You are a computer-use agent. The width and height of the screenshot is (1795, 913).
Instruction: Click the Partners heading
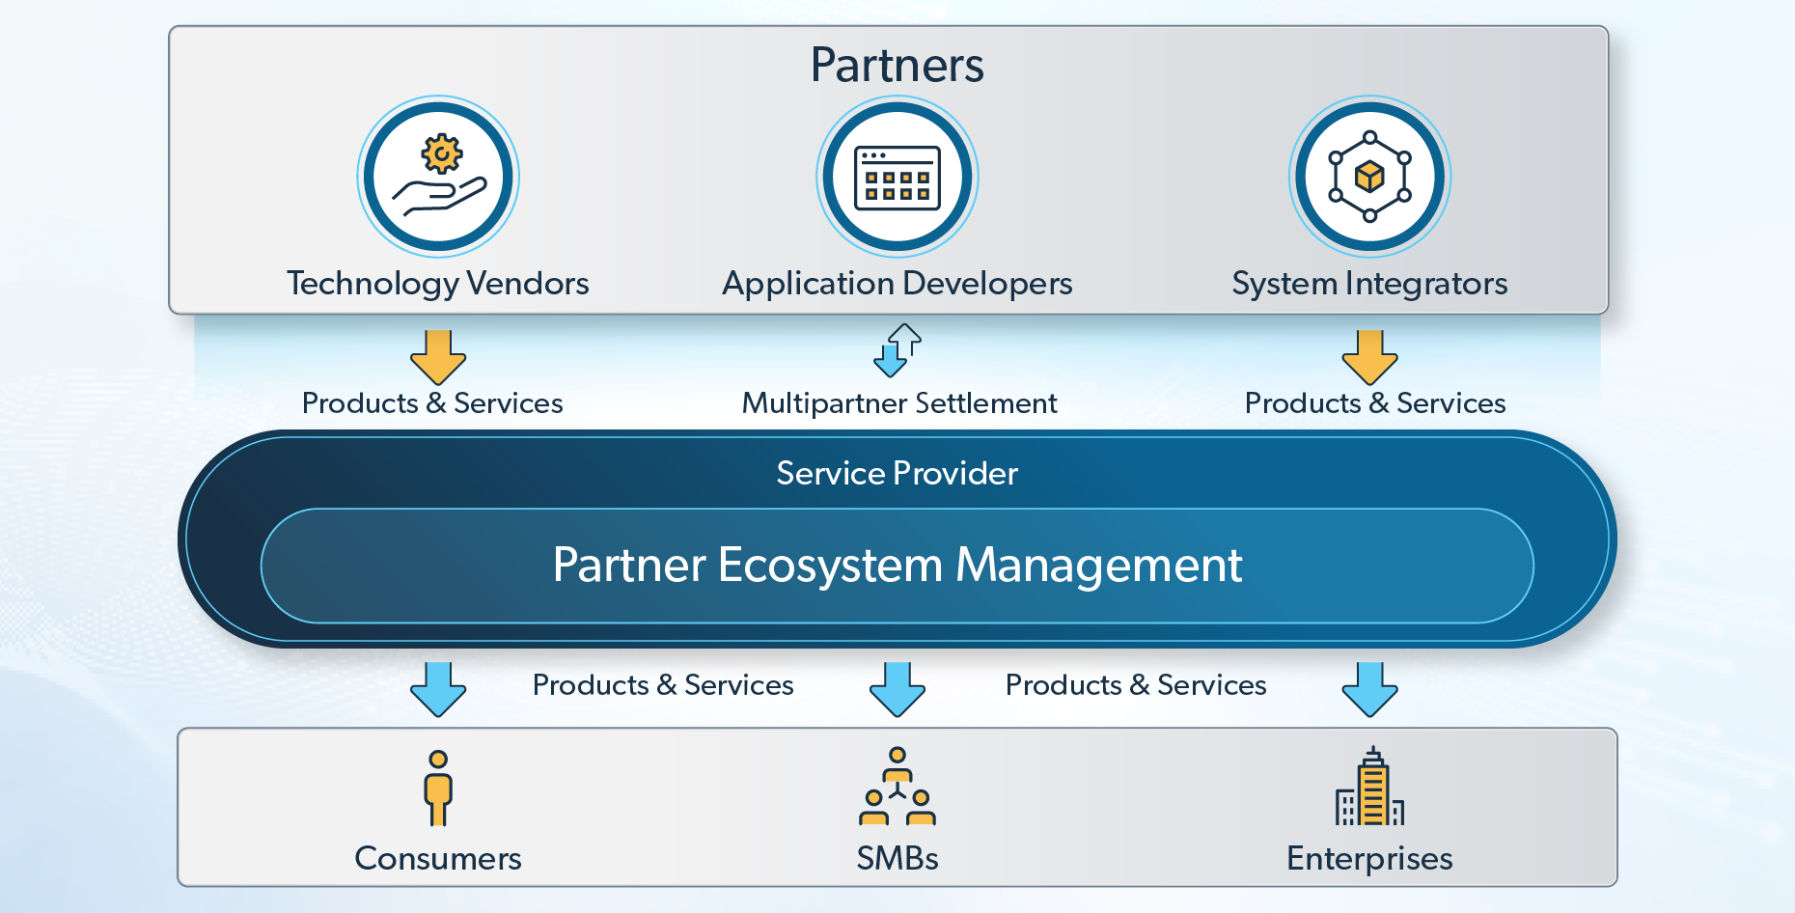pyautogui.click(x=897, y=66)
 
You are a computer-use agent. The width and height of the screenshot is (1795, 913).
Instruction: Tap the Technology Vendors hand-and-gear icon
pyautogui.click(x=438, y=177)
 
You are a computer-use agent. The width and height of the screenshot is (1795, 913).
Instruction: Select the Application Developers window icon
pyautogui.click(x=897, y=177)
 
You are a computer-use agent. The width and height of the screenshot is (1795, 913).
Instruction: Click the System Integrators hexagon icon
pyautogui.click(x=1369, y=177)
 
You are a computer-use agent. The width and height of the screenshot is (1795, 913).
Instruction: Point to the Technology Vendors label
pyautogui.click(x=437, y=284)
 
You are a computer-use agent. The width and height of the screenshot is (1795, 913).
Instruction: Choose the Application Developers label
pyautogui.click(x=897, y=284)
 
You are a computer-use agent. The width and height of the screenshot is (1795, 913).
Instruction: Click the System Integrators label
pyautogui.click(x=1369, y=284)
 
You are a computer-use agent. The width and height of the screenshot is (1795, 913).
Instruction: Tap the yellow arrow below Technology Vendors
pyautogui.click(x=438, y=357)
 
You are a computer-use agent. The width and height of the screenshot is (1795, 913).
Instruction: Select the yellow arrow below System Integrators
pyautogui.click(x=1369, y=357)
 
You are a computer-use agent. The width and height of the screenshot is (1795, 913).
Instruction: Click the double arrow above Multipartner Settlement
pyautogui.click(x=897, y=349)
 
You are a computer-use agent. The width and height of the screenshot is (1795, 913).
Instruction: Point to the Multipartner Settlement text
pyautogui.click(x=899, y=402)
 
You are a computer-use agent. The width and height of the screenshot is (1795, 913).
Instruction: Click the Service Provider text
pyautogui.click(x=897, y=473)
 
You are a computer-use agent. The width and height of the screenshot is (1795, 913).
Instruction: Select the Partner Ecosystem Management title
pyautogui.click(x=897, y=566)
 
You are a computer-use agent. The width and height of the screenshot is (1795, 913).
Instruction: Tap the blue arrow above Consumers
pyautogui.click(x=438, y=688)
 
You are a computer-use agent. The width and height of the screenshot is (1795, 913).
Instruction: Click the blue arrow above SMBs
pyautogui.click(x=897, y=688)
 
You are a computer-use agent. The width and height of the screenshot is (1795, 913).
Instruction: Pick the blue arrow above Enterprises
pyautogui.click(x=1369, y=688)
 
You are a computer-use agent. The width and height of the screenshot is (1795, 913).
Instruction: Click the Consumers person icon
pyautogui.click(x=438, y=788)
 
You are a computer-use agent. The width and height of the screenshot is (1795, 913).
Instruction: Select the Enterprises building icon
pyautogui.click(x=1369, y=788)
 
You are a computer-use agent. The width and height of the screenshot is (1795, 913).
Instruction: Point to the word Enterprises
pyautogui.click(x=1369, y=858)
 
